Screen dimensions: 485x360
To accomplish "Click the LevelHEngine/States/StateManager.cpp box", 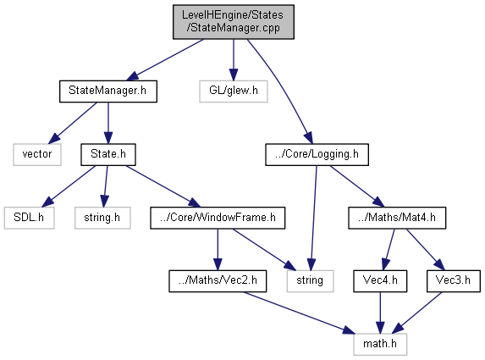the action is click(234, 22).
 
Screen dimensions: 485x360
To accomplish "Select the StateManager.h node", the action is click(108, 91).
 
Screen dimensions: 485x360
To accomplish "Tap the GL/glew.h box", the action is click(234, 91).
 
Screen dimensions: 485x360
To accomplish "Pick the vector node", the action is click(37, 154).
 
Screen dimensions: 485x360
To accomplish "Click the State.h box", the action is click(108, 154).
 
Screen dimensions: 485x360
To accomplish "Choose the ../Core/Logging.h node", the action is click(317, 154).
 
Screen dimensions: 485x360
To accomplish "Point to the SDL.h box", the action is click(29, 218).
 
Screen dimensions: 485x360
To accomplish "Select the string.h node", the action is click(102, 218).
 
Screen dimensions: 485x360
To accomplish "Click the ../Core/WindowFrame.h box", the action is click(218, 218).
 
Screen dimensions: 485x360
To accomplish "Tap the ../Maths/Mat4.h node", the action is click(397, 218).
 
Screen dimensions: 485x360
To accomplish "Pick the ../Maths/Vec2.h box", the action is click(218, 281).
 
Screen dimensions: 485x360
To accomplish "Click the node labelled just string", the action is click(310, 281).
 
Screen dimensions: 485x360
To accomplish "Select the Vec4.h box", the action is click(380, 281).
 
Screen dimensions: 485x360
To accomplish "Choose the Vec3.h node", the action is click(453, 281).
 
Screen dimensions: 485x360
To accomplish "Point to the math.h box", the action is click(380, 344).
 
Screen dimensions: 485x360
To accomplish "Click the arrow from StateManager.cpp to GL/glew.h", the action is click(234, 60).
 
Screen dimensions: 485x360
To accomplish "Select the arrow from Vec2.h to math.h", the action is click(299, 313).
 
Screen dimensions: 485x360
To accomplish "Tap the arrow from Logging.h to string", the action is click(313, 218).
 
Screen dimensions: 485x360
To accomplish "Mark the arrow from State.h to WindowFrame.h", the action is click(163, 186).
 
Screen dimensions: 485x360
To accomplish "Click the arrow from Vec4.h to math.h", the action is click(380, 313).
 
